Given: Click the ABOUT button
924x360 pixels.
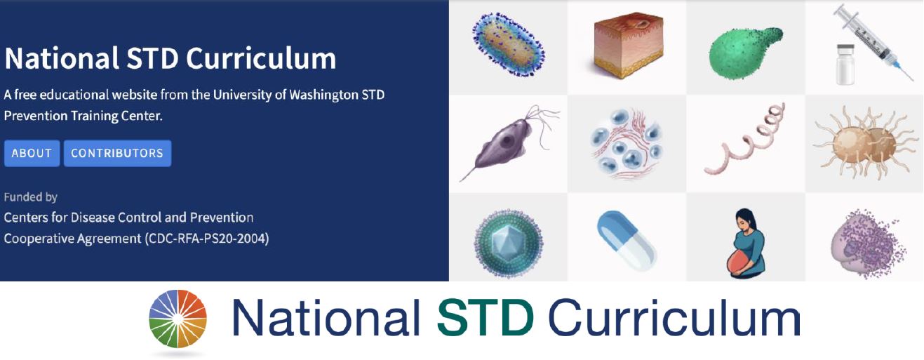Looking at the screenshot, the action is (32, 153).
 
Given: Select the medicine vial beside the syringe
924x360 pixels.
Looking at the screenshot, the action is (845, 65).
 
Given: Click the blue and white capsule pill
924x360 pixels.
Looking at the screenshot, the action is (627, 241).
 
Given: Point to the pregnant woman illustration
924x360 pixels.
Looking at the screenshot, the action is (746, 243).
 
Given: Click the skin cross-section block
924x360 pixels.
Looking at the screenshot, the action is (628, 44).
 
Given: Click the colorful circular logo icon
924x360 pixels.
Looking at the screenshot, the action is (178, 319).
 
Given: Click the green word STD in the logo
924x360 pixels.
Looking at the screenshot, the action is (486, 318).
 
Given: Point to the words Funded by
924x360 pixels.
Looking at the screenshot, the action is (31, 197).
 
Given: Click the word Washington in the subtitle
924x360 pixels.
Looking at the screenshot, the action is (323, 95).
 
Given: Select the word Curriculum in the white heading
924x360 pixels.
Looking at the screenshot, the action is (261, 58).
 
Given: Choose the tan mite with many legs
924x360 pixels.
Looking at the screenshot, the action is (865, 142).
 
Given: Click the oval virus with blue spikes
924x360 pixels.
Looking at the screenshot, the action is (509, 44).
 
